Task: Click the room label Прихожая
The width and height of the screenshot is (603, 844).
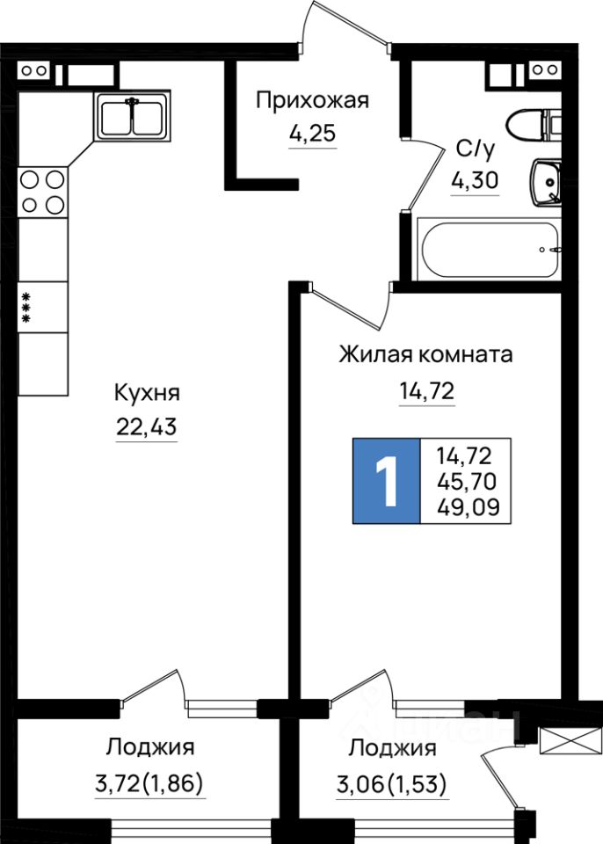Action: pos(312,100)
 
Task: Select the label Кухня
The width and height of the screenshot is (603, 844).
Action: pos(147,392)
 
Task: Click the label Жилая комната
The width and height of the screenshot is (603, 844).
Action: pos(426,356)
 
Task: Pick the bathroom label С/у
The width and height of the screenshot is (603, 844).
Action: pos(475,147)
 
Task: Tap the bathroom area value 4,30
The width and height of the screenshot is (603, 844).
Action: pos(475,181)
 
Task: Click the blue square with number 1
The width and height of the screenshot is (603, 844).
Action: pos(387,480)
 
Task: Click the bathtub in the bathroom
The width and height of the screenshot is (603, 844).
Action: pos(490,250)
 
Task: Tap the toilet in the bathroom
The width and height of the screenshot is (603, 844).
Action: pos(533,124)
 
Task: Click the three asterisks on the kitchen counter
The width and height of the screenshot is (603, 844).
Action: pos(26,307)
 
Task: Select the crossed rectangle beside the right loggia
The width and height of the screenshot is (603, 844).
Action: pos(559,740)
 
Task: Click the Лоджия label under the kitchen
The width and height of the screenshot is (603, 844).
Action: pos(150,748)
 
